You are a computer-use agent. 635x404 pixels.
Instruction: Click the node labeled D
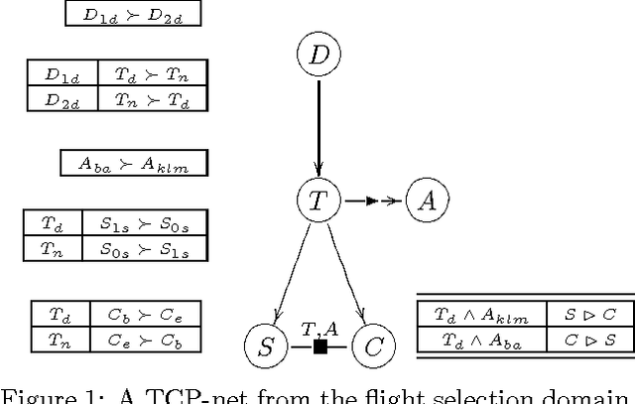click(x=318, y=56)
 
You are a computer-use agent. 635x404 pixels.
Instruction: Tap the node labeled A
click(x=427, y=201)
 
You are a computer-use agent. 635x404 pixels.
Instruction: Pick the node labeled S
click(x=266, y=346)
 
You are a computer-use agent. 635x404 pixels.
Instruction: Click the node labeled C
click(x=373, y=346)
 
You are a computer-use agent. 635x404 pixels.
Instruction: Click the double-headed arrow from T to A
click(x=372, y=201)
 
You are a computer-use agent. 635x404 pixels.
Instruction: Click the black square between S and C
click(x=319, y=346)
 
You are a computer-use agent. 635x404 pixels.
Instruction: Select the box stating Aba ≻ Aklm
click(x=133, y=164)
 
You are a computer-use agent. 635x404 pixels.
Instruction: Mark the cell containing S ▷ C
click(x=589, y=315)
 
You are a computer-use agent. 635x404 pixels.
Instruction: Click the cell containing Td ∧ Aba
click(x=480, y=338)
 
